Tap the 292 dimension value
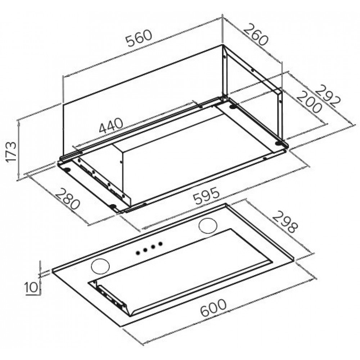[x=327, y=96]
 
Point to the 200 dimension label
[x=309, y=102]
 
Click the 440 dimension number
[x=111, y=126]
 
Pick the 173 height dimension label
[x=11, y=152]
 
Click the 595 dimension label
[x=206, y=195]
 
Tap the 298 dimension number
[x=285, y=222]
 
